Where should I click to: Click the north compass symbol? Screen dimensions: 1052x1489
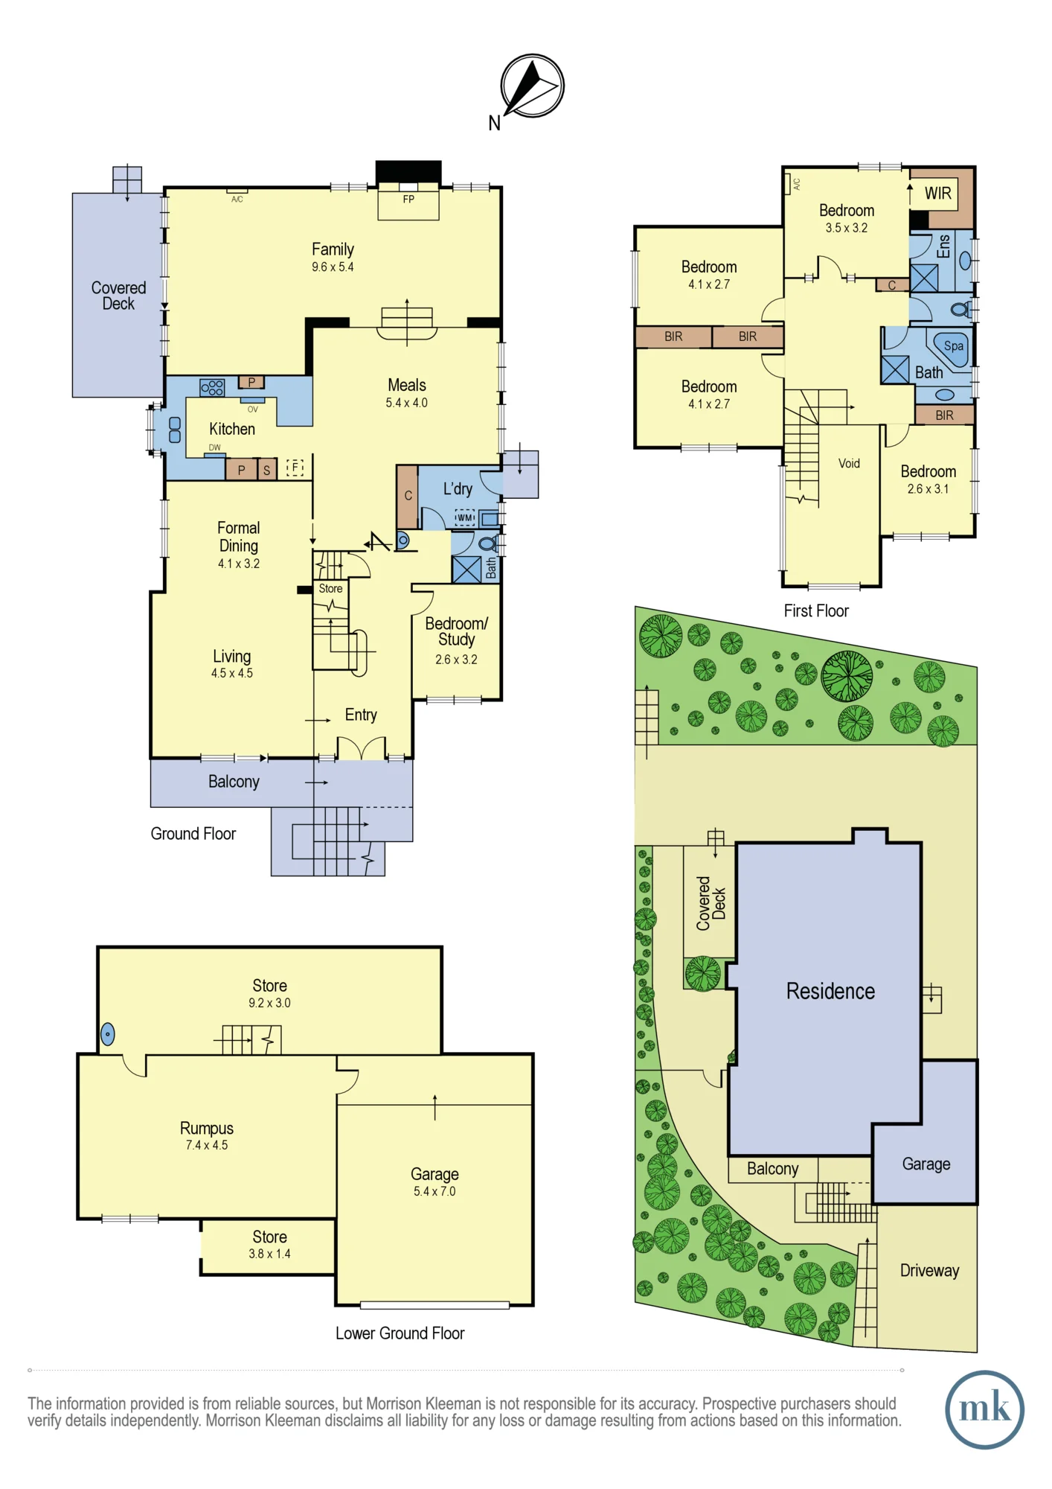(533, 86)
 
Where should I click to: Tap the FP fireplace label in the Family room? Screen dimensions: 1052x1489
(408, 200)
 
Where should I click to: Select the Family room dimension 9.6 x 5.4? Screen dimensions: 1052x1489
(333, 267)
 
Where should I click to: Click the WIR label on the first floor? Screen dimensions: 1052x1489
(937, 194)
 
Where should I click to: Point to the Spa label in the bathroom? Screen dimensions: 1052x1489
(953, 345)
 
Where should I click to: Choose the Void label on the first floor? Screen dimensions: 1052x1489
(849, 463)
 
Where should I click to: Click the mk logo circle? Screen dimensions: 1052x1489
(984, 1409)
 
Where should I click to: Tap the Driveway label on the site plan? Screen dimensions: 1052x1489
(929, 1270)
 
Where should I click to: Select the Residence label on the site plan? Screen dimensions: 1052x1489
(830, 991)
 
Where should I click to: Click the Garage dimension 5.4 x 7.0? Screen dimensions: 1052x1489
(434, 1191)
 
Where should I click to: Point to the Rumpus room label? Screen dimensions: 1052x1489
(207, 1128)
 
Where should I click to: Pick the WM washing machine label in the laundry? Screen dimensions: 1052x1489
(465, 517)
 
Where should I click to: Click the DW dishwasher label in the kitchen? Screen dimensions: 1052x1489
(215, 447)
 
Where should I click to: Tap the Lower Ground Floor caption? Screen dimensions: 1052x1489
(400, 1333)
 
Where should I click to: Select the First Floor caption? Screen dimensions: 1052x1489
(816, 610)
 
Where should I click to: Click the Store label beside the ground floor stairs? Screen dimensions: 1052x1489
(330, 588)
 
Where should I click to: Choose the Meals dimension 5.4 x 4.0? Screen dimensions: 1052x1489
(406, 403)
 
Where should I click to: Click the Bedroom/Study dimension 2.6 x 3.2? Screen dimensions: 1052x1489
(456, 660)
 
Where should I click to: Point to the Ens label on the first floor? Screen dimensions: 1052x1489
(943, 246)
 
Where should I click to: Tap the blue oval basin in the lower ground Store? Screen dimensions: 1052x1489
(108, 1033)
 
